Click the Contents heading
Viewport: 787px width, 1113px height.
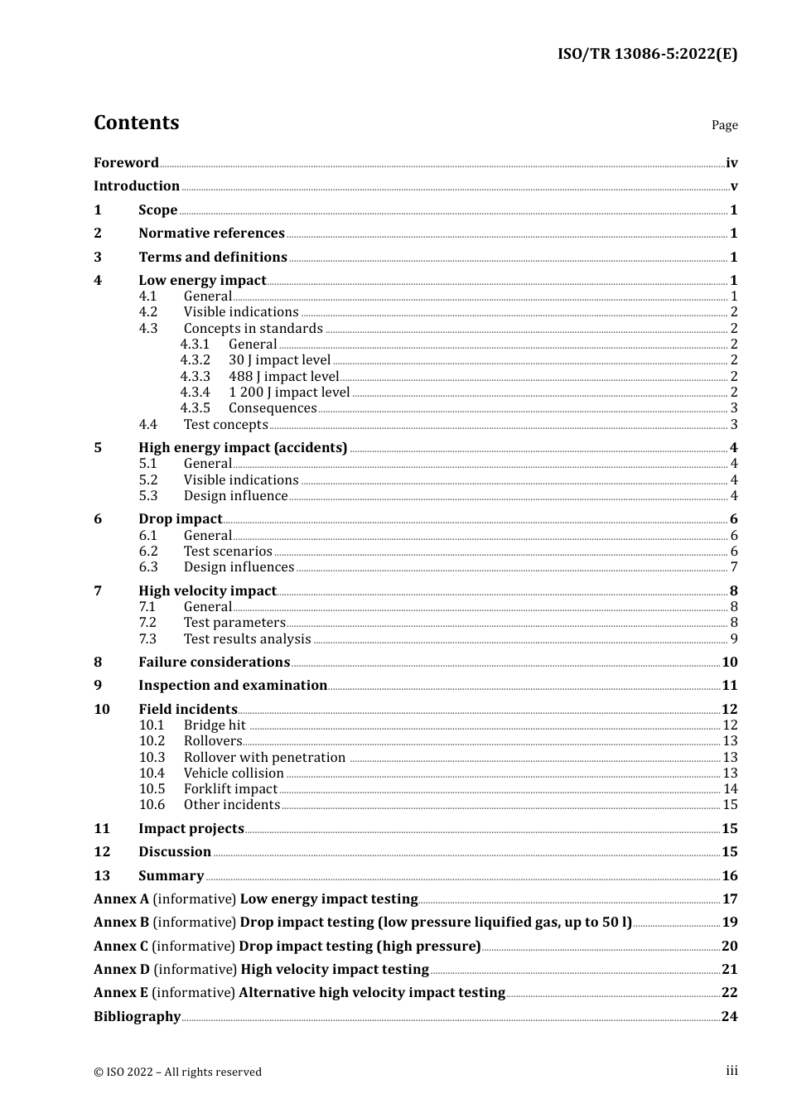coord(136,123)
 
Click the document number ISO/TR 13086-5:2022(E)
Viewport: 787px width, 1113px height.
coord(647,54)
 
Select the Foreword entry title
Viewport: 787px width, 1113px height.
coord(126,162)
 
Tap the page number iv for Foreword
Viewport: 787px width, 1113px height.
coord(731,162)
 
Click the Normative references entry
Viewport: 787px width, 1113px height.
coord(211,234)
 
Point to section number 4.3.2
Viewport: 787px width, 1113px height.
coord(195,360)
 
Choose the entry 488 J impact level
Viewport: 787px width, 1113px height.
coord(283,376)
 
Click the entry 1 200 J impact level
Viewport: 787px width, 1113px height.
coord(289,393)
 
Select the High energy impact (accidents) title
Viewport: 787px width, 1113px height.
coord(243,448)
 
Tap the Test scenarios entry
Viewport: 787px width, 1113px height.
coord(228,552)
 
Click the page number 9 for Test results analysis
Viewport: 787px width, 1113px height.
coord(734,639)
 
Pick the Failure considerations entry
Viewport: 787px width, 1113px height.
coord(214,662)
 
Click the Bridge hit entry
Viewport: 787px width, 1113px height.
coord(215,725)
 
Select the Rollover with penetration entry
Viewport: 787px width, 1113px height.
coord(264,758)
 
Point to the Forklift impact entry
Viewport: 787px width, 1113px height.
coord(230,789)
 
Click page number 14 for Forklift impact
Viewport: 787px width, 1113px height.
coord(730,789)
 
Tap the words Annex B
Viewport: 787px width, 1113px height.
coord(121,923)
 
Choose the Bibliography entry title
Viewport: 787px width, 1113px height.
coord(137,1017)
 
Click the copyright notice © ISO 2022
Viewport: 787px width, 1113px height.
coord(177,1072)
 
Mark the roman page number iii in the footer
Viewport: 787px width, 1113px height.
coord(731,1071)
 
